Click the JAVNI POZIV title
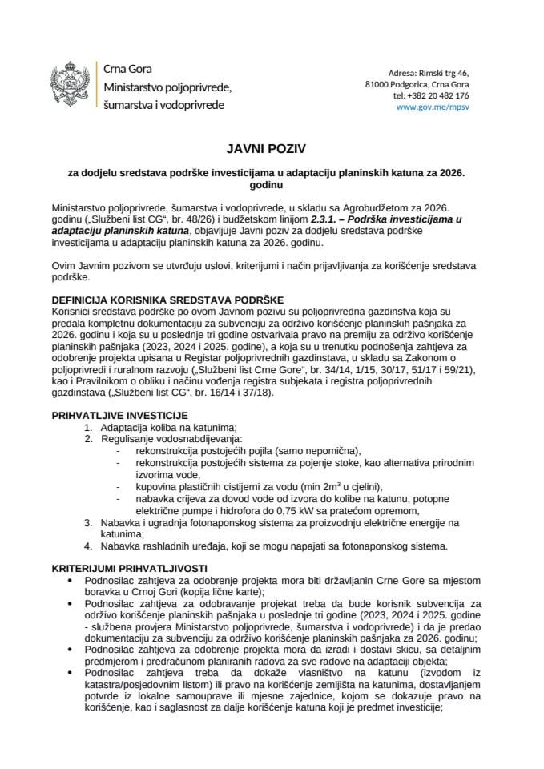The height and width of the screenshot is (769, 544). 272,150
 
